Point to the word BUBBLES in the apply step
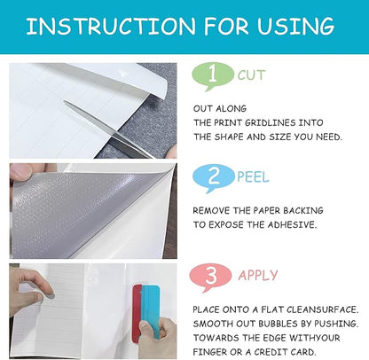pyautogui.click(x=270, y=324)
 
